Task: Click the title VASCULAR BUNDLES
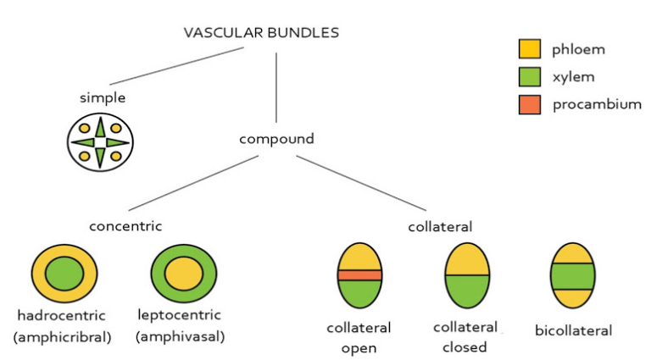click(x=261, y=33)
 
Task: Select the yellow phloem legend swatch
click(x=529, y=49)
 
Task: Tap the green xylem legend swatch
click(x=529, y=77)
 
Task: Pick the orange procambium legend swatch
click(x=529, y=105)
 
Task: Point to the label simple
click(x=103, y=97)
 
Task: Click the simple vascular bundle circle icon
click(x=100, y=142)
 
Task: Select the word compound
click(x=276, y=138)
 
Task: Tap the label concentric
click(x=125, y=225)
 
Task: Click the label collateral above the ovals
click(x=440, y=226)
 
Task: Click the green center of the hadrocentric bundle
click(x=64, y=274)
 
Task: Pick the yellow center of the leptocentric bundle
click(x=180, y=274)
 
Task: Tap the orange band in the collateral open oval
click(x=360, y=275)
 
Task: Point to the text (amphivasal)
click(x=180, y=336)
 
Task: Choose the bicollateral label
click(x=573, y=330)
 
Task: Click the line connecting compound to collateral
click(x=360, y=182)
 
